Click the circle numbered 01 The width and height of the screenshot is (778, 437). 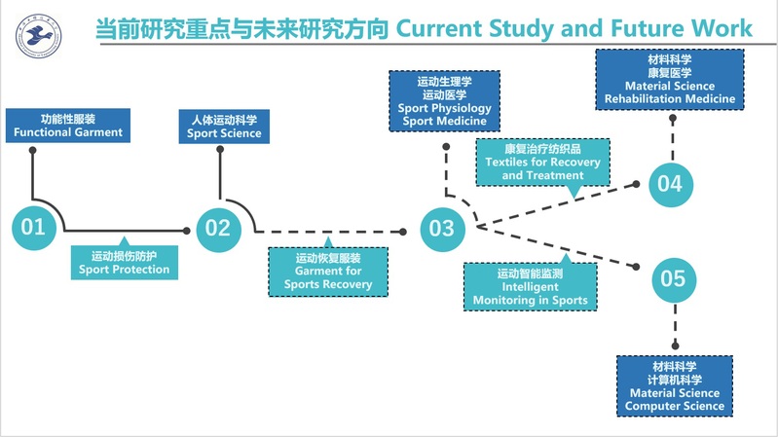pyautogui.click(x=33, y=228)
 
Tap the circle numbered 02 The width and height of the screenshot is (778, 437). pyautogui.click(x=217, y=228)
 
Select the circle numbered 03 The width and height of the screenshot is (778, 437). pyautogui.click(x=441, y=228)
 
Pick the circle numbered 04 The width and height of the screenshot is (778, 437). pyautogui.click(x=670, y=182)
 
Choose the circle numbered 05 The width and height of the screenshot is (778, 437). pyautogui.click(x=673, y=279)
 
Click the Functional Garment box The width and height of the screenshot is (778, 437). pyautogui.click(x=68, y=125)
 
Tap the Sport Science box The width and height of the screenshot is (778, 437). pyautogui.click(x=224, y=125)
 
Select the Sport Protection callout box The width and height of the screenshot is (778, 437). pyautogui.click(x=124, y=261)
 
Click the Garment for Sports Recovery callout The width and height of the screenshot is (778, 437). pyautogui.click(x=328, y=272)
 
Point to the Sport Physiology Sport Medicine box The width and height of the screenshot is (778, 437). pyautogui.click(x=444, y=100)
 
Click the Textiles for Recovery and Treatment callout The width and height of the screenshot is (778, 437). pyautogui.click(x=543, y=162)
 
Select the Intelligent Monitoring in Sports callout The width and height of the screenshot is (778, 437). pyautogui.click(x=530, y=287)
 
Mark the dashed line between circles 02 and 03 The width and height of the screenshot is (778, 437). pyautogui.click(x=331, y=232)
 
